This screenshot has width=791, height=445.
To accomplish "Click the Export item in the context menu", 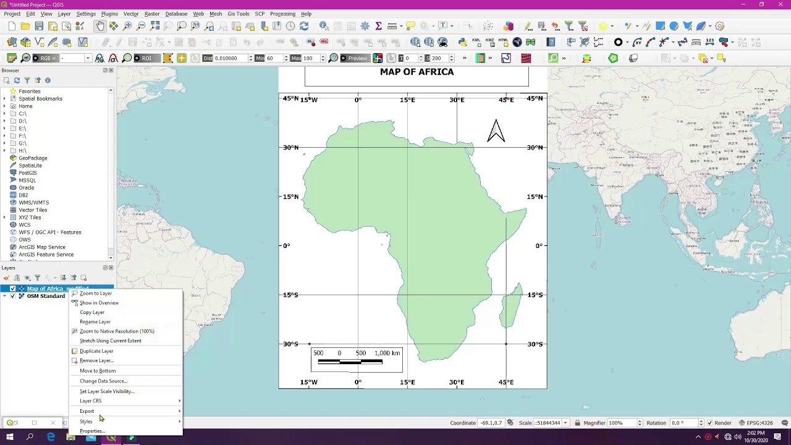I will (87, 411).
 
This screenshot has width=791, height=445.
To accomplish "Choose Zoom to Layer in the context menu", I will (96, 294).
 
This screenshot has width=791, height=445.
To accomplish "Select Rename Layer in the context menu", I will (95, 322).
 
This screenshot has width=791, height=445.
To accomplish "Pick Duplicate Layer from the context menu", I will (96, 351).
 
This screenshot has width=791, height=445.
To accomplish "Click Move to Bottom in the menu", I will (98, 371).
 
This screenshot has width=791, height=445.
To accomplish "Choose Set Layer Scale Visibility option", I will (107, 391).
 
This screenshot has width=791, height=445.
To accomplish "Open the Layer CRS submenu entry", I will (91, 401).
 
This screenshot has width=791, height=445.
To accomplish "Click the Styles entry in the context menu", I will (86, 422).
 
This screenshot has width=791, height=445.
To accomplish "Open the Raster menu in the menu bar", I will (152, 14).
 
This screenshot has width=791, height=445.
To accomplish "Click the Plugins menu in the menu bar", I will (109, 14).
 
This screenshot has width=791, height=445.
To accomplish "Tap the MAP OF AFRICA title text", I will (417, 72).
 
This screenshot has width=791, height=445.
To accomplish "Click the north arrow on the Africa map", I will (496, 130).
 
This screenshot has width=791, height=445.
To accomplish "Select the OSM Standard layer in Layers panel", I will (46, 296).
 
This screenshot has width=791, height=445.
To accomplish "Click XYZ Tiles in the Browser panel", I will (30, 218).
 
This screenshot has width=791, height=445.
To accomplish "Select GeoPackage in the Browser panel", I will (33, 158).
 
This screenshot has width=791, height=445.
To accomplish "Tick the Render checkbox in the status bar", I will (709, 423).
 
